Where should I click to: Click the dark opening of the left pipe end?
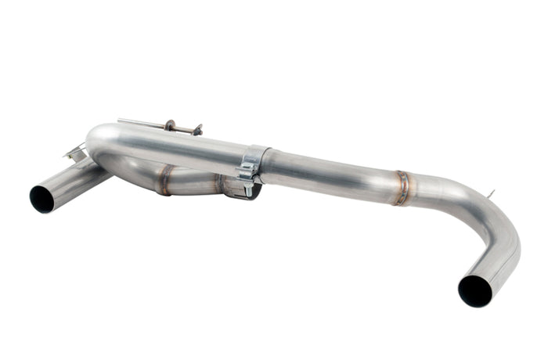(42, 199)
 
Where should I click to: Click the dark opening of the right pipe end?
(474, 290)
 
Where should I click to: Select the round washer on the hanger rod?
(170, 125)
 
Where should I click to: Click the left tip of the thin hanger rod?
(120, 121)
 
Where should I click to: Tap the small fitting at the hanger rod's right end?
(196, 129)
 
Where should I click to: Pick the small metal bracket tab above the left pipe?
(76, 154)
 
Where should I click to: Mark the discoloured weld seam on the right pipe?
(402, 188)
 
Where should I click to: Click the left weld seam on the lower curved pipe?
(164, 179)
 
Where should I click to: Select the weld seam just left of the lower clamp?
(220, 185)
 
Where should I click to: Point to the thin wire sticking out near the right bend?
(490, 194)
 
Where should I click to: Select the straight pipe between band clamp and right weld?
(329, 174)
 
